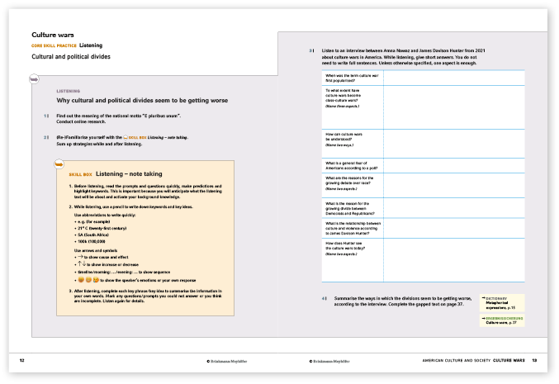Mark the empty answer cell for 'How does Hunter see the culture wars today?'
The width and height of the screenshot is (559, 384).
coord(453,248)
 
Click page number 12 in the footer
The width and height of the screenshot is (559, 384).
coord(22,360)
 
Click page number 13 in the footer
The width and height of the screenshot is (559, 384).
coord(535,360)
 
